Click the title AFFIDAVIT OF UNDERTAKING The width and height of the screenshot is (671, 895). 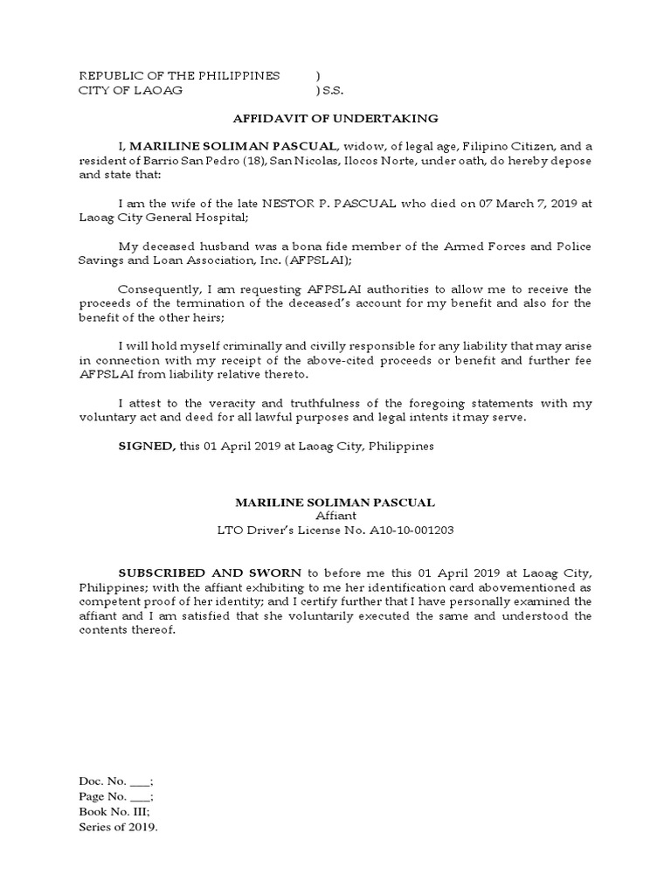pyautogui.click(x=335, y=118)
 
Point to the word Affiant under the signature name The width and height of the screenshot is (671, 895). pyautogui.click(x=335, y=516)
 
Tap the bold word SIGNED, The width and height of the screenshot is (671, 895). pyautogui.click(x=147, y=446)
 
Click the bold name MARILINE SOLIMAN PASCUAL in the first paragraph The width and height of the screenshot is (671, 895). pyautogui.click(x=232, y=145)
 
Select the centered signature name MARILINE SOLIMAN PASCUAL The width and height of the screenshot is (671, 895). pyautogui.click(x=335, y=503)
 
